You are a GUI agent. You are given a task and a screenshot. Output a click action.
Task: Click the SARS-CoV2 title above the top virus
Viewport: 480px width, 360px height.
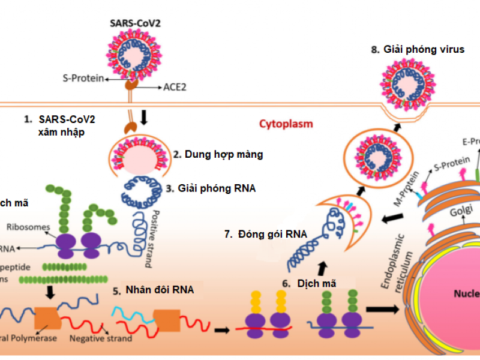(135, 25)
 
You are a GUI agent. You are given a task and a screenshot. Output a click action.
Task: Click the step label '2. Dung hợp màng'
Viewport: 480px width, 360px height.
(218, 154)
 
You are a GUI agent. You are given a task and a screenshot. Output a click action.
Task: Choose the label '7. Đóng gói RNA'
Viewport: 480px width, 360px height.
(265, 233)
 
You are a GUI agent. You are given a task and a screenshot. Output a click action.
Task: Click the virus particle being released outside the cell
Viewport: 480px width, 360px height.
(406, 85)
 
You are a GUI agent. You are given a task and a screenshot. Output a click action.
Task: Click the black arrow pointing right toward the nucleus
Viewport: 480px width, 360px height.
(385, 310)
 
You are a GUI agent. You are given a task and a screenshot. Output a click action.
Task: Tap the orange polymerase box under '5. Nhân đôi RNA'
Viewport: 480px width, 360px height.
(166, 319)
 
